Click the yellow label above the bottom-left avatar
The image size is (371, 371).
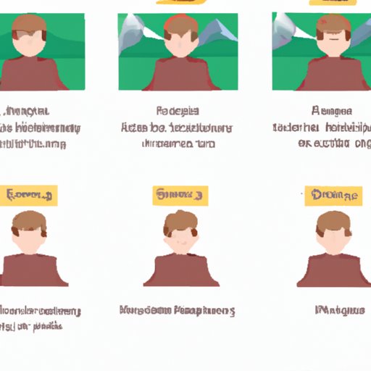(31, 194)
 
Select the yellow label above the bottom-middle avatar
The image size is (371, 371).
(180, 194)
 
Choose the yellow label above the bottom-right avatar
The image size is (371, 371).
(333, 194)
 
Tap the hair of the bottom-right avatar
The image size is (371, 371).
(333, 220)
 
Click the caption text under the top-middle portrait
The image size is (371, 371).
(178, 128)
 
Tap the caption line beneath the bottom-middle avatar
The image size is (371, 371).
(177, 311)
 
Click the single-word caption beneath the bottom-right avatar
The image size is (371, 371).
(340, 311)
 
